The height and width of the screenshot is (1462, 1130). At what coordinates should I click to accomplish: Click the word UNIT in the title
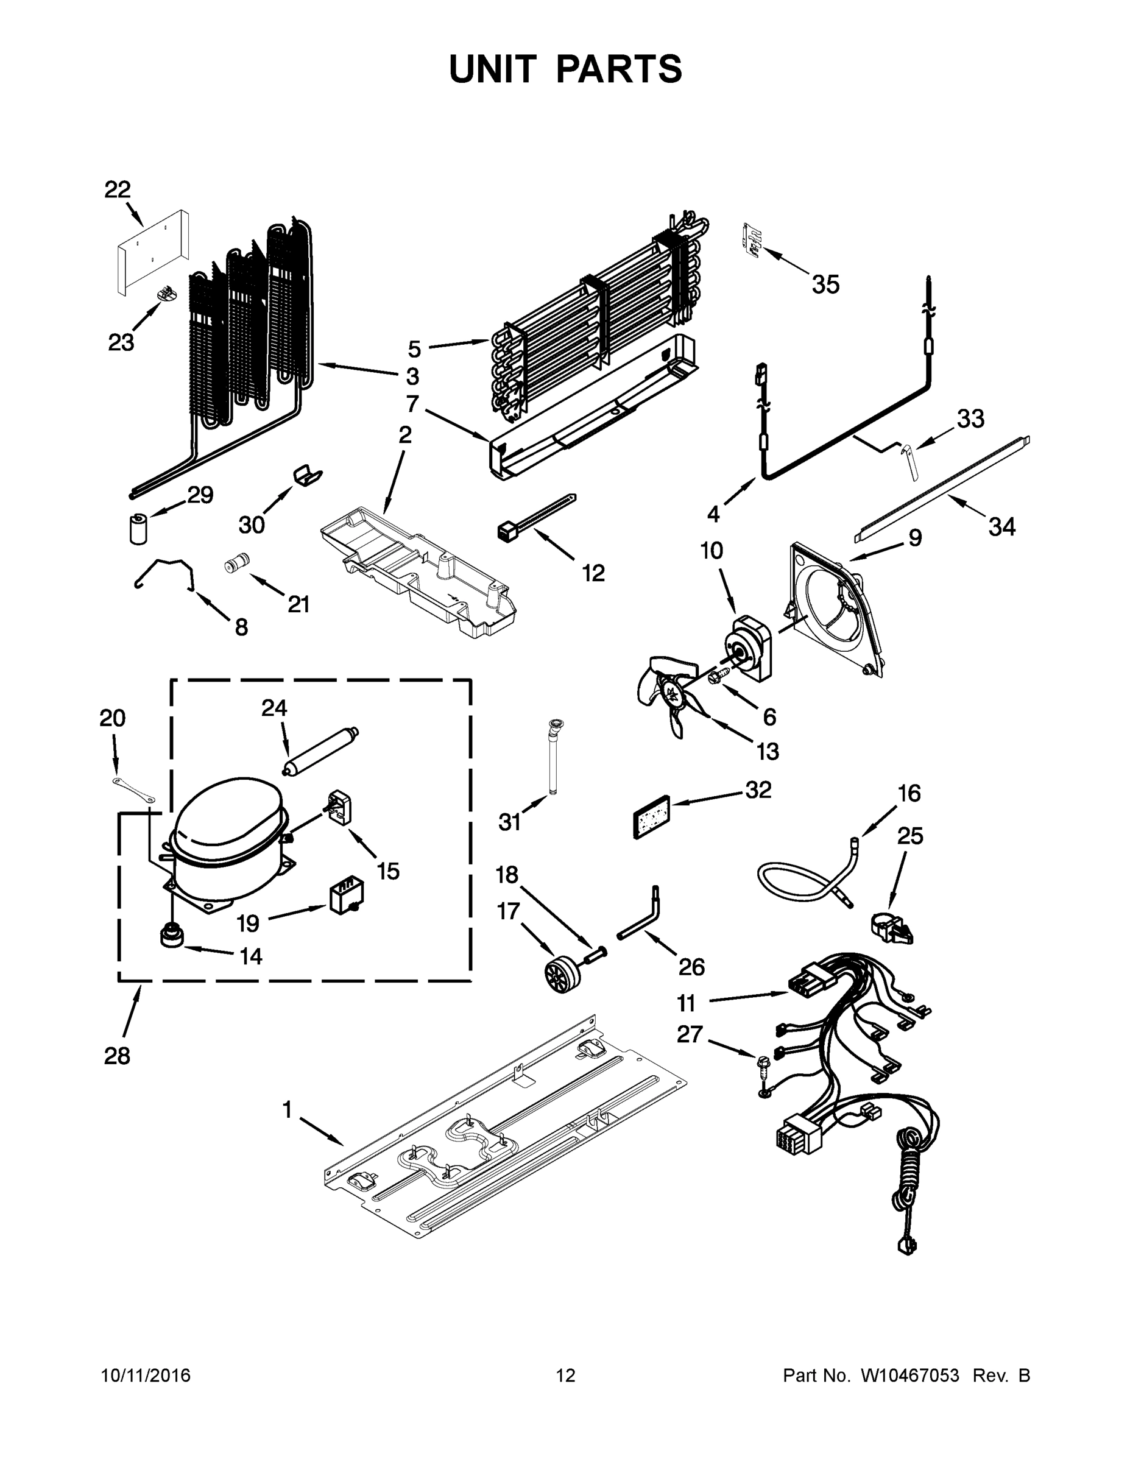(x=493, y=69)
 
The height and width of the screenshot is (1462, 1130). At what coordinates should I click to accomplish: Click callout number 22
(x=117, y=189)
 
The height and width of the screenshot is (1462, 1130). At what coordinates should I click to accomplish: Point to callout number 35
(x=825, y=284)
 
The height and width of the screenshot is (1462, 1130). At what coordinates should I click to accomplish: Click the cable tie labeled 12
(x=535, y=514)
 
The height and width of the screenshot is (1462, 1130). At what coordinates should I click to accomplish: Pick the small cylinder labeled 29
(x=138, y=528)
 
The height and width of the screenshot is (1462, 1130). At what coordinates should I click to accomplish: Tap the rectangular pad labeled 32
(x=651, y=816)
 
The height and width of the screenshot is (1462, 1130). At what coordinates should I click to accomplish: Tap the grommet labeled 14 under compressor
(x=171, y=935)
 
